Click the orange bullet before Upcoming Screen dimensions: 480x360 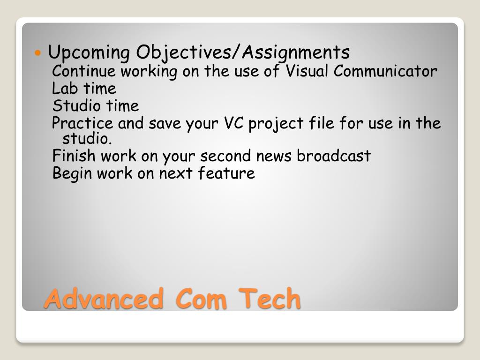coord(37,53)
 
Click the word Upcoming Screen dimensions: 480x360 coord(89,52)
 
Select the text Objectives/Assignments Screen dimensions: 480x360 coord(243,52)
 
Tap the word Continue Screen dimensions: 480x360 coord(84,71)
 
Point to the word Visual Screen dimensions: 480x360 coord(307,71)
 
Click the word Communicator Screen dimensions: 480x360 coord(385,71)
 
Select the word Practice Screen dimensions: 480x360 coord(82,123)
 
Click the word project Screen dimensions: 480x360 coord(276,124)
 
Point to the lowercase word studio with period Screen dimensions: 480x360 coord(87,138)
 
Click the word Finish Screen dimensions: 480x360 coord(74,156)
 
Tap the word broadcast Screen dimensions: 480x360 coord(334,156)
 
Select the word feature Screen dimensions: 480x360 coord(226,173)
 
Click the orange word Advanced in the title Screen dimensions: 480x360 coord(104,298)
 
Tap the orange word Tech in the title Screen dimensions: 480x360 coord(270,298)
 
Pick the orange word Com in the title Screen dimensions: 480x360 coord(201,298)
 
